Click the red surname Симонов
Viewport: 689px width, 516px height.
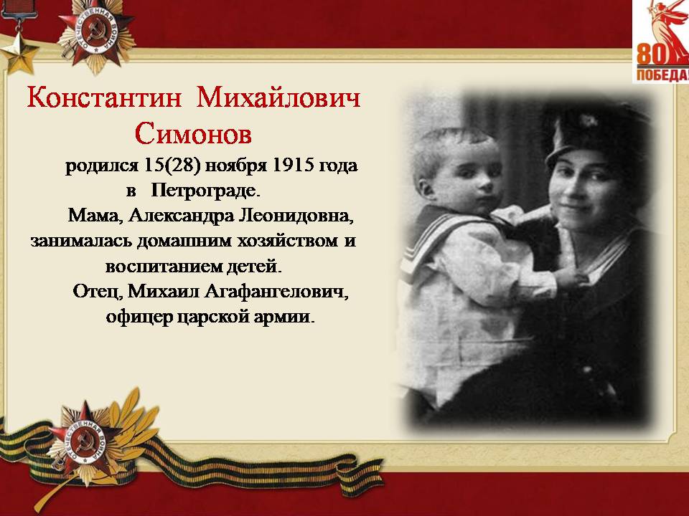coord(193,133)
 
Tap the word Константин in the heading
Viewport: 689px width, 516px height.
coord(104,97)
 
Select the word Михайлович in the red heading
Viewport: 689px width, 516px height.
coord(278,97)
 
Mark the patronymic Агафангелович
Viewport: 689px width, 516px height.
coord(276,292)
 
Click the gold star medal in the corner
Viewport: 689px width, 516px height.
coord(19,55)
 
